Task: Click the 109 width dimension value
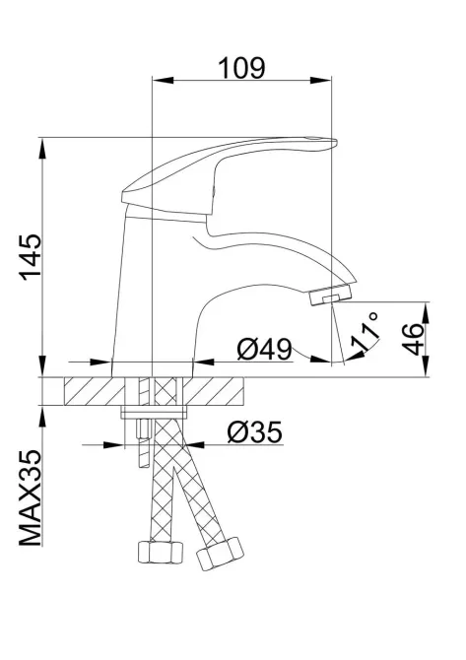[241, 67]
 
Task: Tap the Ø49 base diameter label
[264, 348]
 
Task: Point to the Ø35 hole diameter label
[253, 430]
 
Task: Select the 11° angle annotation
[367, 335]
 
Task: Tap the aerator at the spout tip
[331, 295]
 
